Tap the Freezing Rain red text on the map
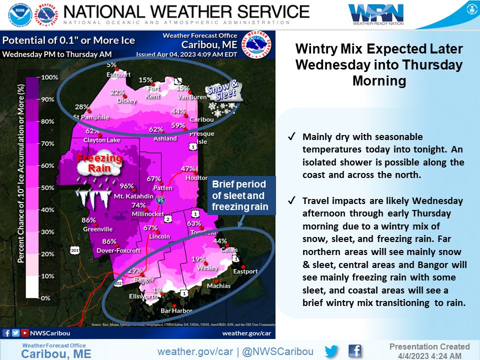tap(99, 163)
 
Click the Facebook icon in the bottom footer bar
tap(354, 351)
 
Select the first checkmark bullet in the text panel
tap(291, 136)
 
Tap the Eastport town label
tap(245, 271)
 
